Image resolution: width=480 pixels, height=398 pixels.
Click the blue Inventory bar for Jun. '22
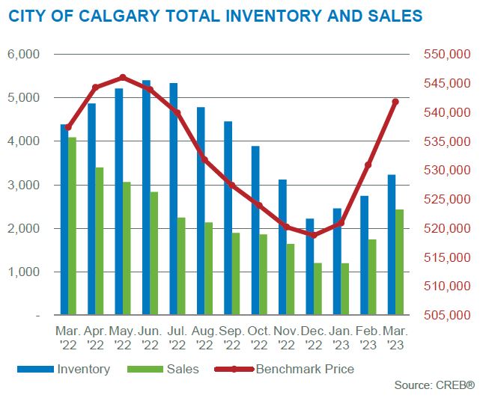click(146, 198)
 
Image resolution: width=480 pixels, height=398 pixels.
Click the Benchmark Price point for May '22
click(124, 77)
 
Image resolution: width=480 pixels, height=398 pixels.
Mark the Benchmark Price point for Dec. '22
click(314, 235)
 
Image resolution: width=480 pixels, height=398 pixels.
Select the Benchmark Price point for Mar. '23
click(395, 102)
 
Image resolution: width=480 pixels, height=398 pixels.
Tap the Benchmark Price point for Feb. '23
click(368, 165)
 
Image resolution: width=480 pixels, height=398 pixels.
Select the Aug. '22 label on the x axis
click(204, 337)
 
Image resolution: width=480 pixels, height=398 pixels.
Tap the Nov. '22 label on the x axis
click(286, 337)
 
